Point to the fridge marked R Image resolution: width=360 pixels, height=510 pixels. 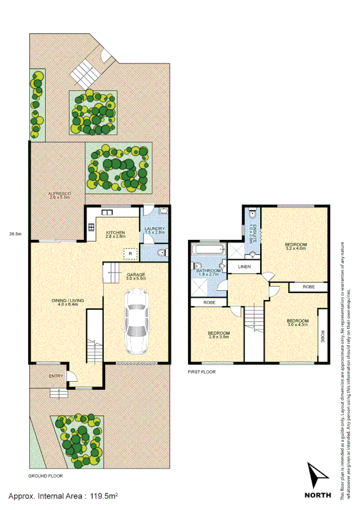coord(130,254)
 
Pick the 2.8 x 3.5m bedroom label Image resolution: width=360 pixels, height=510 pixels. coord(218,335)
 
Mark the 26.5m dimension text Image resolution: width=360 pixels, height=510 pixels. coord(16,234)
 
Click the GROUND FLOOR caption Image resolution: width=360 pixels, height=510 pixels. coord(46,475)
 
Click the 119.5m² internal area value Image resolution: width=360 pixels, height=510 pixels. coord(103,497)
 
